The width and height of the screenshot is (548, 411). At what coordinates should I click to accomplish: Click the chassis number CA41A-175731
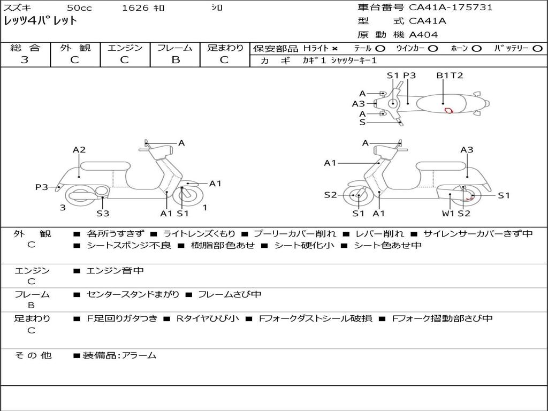click(451, 7)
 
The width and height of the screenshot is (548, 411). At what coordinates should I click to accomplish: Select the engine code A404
click(423, 35)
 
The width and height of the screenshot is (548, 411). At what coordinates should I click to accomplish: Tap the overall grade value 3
click(25, 60)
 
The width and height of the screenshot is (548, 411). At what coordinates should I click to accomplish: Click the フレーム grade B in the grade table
click(176, 60)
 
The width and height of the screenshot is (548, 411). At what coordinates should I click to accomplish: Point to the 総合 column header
click(25, 48)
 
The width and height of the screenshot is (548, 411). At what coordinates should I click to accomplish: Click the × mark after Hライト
click(335, 49)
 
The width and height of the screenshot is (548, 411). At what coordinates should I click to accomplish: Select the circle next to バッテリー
click(537, 49)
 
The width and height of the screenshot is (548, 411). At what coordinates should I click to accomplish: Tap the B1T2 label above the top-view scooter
click(450, 75)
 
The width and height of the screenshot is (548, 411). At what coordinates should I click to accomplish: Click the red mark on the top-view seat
click(449, 110)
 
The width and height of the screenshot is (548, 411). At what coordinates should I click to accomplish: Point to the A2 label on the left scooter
click(79, 150)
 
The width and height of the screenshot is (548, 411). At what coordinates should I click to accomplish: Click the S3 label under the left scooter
click(103, 213)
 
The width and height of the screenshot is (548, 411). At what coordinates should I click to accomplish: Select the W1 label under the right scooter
click(448, 213)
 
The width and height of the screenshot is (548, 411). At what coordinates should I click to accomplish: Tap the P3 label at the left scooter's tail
click(42, 187)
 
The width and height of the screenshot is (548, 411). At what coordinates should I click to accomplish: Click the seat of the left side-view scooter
click(105, 166)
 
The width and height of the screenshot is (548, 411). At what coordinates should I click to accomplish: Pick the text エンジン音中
click(115, 270)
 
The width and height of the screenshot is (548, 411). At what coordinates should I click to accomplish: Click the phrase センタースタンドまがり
click(133, 295)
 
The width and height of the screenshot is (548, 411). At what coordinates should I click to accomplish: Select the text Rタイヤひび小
click(208, 318)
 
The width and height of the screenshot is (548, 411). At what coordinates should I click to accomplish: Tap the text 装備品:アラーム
click(119, 355)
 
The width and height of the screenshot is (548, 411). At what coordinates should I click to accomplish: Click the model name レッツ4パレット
click(40, 21)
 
